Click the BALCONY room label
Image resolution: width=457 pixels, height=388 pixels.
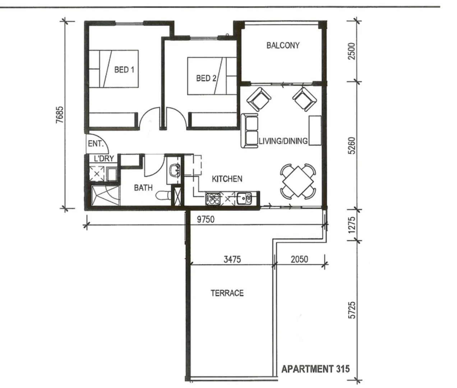coord(283,46)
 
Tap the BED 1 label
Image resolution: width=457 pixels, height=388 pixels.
coord(124,69)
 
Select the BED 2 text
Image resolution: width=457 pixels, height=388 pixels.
coord(206,78)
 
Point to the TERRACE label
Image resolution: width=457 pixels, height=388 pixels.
coord(227,293)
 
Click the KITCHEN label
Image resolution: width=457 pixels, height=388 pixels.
coord(227,179)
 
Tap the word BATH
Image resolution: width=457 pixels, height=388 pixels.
coord(143,188)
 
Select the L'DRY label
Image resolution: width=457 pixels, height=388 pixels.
coord(104,158)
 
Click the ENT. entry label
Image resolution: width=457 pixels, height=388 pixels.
coord(95,144)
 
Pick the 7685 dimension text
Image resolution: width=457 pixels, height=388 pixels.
coord(60,115)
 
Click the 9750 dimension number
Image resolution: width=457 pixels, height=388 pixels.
coord(206,219)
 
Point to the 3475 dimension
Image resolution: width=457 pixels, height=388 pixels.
coord(232,259)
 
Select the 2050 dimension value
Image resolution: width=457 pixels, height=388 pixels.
coord(299,259)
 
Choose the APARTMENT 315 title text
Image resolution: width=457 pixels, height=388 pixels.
coord(315,369)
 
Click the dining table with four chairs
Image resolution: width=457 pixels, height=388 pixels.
coord(298,181)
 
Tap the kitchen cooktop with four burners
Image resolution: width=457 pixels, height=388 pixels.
coord(212,199)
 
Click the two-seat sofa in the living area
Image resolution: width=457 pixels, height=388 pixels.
coord(249,131)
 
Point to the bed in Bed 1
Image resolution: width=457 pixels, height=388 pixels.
coord(114,69)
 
